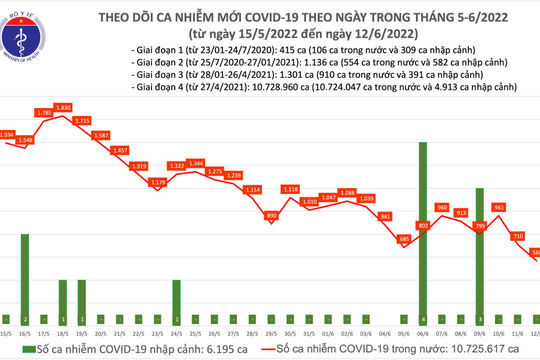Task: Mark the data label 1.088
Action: tap(347, 192)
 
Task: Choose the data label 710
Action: tap(517, 236)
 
